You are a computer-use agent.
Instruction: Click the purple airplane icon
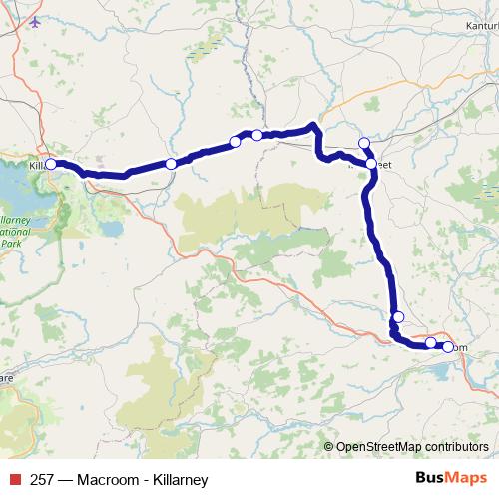point(37,22)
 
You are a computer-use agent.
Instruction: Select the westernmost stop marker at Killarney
point(51,163)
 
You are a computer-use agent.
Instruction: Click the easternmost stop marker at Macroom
point(448,347)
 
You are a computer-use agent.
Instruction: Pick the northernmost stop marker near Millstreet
point(364,143)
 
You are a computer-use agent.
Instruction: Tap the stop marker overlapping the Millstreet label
point(371,163)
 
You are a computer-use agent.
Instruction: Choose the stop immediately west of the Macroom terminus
point(430,342)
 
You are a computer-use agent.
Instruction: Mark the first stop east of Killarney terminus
point(171,164)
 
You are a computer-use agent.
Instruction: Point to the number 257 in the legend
point(43,480)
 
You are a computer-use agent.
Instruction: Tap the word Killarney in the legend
point(180,480)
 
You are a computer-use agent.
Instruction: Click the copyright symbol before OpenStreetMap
point(329,448)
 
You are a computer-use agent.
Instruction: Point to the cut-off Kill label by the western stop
point(36,164)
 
